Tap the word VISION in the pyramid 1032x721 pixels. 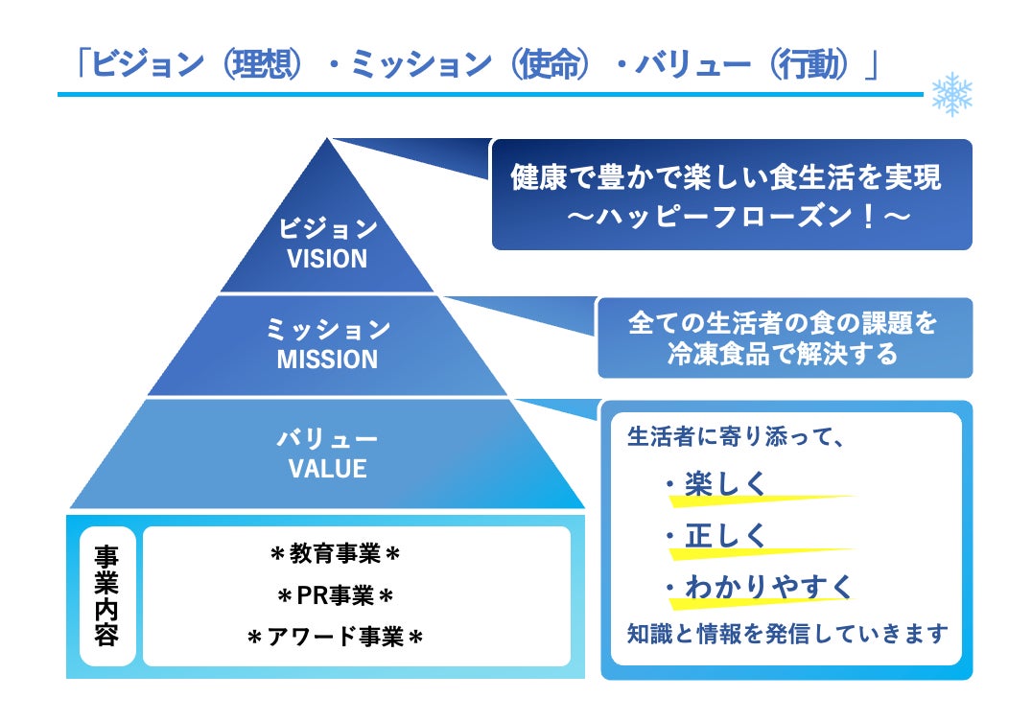327,259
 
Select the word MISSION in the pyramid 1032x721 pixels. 327,360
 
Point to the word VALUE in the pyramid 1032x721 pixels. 327,469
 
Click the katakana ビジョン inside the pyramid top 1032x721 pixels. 327,229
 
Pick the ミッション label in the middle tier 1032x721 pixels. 327,331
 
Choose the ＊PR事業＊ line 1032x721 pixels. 335,596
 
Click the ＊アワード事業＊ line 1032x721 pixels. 335,638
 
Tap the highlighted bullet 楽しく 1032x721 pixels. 726,485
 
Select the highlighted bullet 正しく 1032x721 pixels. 726,536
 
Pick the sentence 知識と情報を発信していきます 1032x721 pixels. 786,634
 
